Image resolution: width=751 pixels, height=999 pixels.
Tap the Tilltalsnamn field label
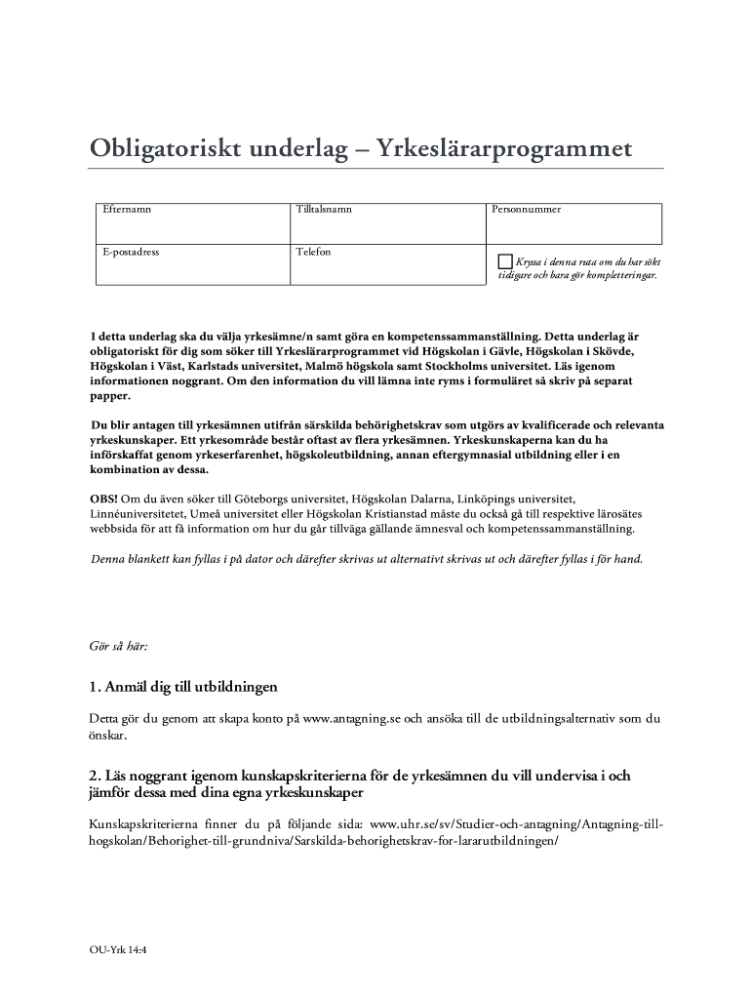pos(325,209)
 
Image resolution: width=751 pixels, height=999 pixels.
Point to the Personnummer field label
pos(527,209)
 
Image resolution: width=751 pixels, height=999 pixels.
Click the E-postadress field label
pos(132,252)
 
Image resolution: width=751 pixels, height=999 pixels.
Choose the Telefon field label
pos(314,252)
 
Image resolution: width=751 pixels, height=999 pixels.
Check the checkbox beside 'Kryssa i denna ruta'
pos(504,261)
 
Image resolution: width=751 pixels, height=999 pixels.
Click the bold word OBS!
pos(104,499)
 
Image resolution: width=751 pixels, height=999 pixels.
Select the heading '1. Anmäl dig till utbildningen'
pos(183,687)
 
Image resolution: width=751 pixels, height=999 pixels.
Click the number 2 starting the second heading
pos(93,777)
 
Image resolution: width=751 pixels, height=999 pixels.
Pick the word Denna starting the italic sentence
pos(109,560)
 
